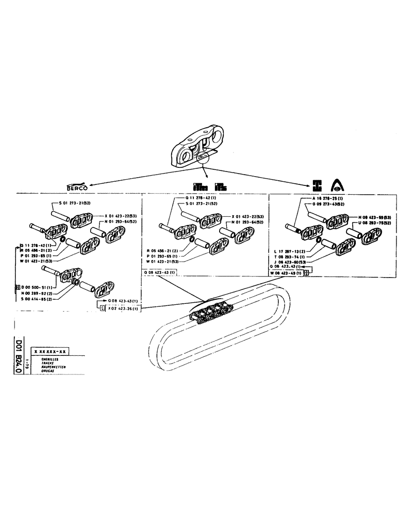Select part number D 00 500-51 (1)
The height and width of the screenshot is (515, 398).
[x=37, y=286]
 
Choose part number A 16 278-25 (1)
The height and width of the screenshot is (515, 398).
[x=330, y=198]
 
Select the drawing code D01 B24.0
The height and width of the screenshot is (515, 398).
[x=19, y=355]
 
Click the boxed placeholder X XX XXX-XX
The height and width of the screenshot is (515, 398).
[x=50, y=351]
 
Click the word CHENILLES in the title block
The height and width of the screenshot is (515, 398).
[x=43, y=359]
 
